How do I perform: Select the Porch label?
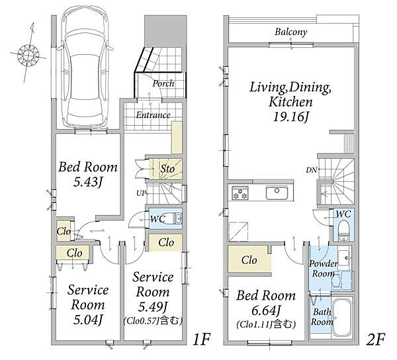coord(163,83)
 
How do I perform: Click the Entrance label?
coord(153,115)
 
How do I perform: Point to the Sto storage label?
coord(167,169)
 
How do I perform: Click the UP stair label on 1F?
coord(141,193)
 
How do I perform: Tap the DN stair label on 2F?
coord(311,170)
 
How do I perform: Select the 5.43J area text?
coord(87,182)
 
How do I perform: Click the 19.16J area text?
coord(291,117)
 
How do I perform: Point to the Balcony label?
coord(291,32)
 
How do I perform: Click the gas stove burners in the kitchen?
coord(240,193)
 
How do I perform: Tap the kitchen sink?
coord(277,193)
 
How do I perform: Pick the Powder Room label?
coord(323,269)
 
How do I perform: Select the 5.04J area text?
coord(87,320)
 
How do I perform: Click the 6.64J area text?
coord(265,310)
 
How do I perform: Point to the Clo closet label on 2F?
coord(249,260)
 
